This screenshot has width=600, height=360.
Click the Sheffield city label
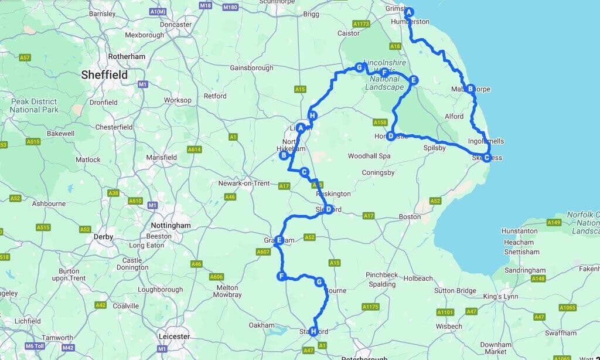[x=104, y=75]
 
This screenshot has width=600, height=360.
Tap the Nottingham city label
[x=170, y=225]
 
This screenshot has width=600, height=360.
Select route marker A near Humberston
[x=409, y=12]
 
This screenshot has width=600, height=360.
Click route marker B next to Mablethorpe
[x=469, y=89]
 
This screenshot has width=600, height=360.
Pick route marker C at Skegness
[x=486, y=157]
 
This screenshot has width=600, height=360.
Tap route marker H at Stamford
[x=313, y=331]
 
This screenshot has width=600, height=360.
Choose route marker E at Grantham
[x=280, y=240]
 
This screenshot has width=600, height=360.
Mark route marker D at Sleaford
[x=329, y=209]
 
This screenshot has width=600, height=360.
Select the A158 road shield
[x=380, y=123]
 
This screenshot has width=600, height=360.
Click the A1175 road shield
[x=370, y=307]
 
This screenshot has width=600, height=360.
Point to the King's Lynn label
[x=500, y=297]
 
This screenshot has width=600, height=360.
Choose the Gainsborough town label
[x=251, y=68]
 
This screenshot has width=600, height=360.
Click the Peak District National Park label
[x=34, y=106]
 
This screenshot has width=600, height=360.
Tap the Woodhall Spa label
[x=369, y=157]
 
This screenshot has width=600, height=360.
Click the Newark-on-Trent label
[x=244, y=184]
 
